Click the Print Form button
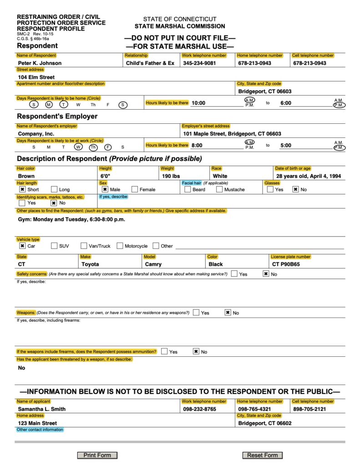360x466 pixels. (x=97, y=455)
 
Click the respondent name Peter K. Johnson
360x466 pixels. (x=40, y=63)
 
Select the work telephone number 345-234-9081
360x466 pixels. (x=199, y=63)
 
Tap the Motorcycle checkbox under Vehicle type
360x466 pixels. (x=120, y=246)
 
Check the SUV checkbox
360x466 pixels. (x=55, y=246)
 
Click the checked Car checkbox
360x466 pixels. (x=22, y=246)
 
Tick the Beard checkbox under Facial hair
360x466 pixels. (x=188, y=189)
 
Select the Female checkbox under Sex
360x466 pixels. (x=135, y=189)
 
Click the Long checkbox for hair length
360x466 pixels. (x=54, y=189)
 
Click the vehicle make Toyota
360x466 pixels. (x=90, y=264)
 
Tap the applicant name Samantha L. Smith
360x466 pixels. (x=42, y=409)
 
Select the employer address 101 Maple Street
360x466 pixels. (x=232, y=134)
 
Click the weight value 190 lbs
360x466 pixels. (x=171, y=176)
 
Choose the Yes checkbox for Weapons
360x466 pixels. (x=196, y=313)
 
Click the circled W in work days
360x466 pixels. (x=78, y=147)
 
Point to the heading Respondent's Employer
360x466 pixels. (x=57, y=116)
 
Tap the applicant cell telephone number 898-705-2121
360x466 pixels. (x=310, y=409)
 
